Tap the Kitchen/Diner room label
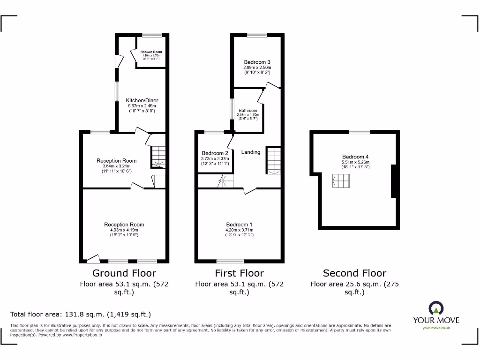click(142, 100)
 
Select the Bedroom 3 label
click(257, 62)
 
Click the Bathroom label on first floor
click(247, 111)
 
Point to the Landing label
click(251, 152)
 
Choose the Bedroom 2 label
click(215, 153)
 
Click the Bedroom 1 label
click(239, 224)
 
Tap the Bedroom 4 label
click(353, 157)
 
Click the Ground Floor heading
click(124, 273)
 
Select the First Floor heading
click(240, 273)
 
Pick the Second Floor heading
click(354, 273)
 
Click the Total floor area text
click(81, 315)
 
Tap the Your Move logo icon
click(436, 309)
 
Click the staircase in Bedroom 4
click(341, 180)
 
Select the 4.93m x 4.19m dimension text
click(124, 230)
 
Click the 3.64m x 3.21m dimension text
click(117, 166)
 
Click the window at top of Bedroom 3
click(257, 35)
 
